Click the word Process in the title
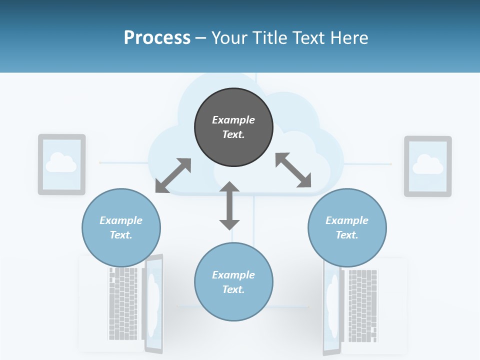coord(157,38)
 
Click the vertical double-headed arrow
coord(229,205)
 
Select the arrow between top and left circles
coord(173,175)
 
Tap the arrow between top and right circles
coord(293,170)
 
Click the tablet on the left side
coord(62,164)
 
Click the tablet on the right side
coord(427,166)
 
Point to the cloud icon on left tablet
coord(61,162)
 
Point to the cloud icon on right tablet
coord(428,164)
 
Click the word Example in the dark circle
coord(233,120)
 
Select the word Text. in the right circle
coord(347,235)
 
